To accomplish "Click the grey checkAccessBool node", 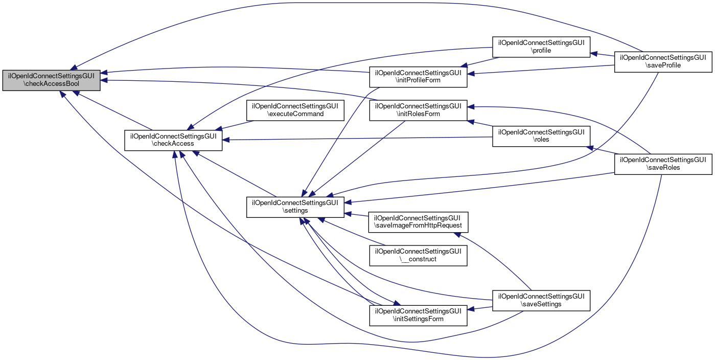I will [51, 80].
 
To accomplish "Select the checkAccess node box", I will [173, 140].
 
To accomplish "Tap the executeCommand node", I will [296, 109].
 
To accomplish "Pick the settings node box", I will [295, 207].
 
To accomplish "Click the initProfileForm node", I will [419, 76].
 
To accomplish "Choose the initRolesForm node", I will [419, 110].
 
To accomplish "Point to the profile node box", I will [541, 47].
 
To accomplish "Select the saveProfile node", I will [663, 61].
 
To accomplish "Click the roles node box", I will [541, 136].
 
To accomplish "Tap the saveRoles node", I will [663, 164].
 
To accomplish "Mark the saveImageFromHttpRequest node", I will [419, 222].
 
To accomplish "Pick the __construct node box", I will [419, 255].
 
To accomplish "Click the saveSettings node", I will [541, 300].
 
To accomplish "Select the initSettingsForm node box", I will [419, 315].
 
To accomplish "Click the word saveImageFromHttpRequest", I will [419, 226].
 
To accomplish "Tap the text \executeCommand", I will [296, 114].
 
